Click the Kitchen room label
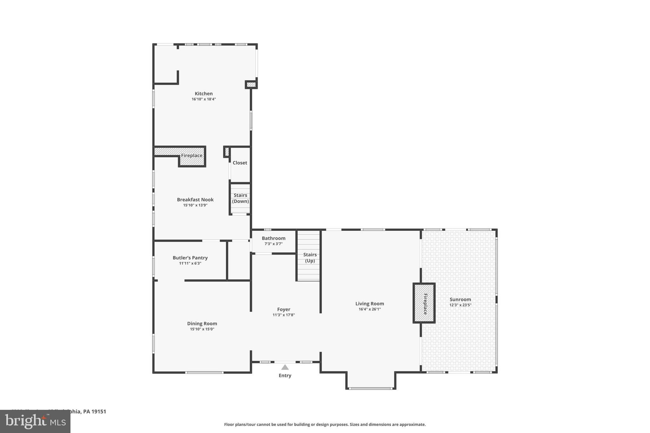click(203, 93)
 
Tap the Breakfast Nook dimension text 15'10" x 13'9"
click(195, 205)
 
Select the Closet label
click(240, 163)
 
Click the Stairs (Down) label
click(240, 198)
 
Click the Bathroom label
click(273, 238)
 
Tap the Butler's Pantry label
click(190, 258)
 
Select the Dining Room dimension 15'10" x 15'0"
click(202, 329)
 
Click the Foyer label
click(283, 309)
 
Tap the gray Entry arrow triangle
click(285, 367)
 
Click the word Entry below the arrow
click(285, 375)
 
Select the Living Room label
click(369, 303)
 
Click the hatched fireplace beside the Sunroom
click(424, 303)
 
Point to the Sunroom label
click(460, 299)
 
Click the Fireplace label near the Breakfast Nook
click(192, 156)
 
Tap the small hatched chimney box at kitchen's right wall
click(251, 84)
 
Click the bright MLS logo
click(35, 421)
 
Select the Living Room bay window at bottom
click(370, 388)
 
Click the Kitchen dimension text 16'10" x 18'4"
click(203, 99)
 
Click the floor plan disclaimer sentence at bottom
click(325, 424)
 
